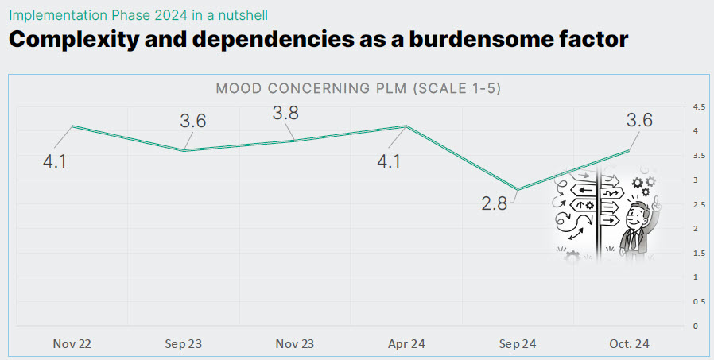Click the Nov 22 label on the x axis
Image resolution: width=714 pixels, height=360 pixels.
point(72,344)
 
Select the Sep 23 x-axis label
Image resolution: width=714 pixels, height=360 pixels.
point(184,344)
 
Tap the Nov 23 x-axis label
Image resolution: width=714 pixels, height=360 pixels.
point(295,344)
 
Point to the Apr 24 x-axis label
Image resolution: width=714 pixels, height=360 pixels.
point(406,344)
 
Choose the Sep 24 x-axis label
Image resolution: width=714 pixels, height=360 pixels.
point(518,344)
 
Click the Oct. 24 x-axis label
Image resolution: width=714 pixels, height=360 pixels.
point(629,344)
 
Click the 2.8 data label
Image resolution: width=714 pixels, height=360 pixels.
point(494,203)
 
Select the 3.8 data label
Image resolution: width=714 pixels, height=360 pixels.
point(285,114)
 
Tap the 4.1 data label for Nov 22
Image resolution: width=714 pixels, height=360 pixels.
point(54,162)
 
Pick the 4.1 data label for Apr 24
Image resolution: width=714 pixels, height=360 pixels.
point(389,162)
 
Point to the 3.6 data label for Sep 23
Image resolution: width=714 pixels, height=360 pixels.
point(193,121)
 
